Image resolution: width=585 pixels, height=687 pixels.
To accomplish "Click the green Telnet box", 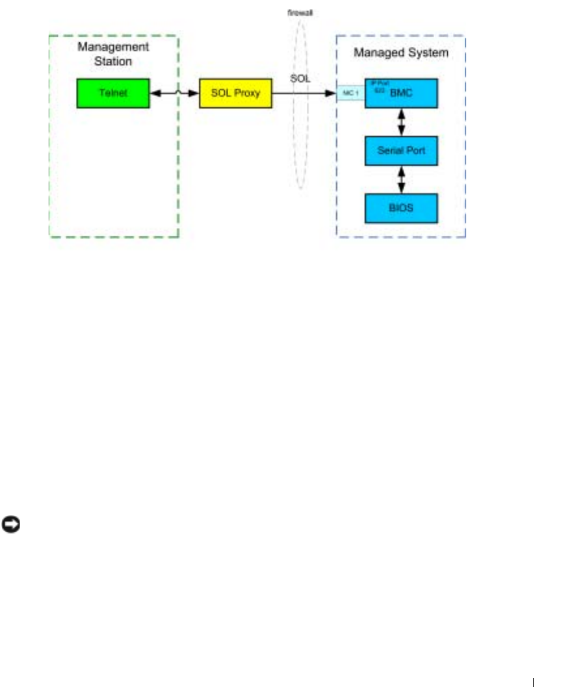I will click(113, 93).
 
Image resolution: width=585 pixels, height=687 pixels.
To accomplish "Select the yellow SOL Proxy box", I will click(235, 93).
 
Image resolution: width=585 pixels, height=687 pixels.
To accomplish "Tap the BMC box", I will click(400, 93).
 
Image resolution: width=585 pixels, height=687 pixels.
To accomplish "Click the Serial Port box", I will click(400, 151).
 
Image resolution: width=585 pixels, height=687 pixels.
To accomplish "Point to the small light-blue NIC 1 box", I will click(350, 94).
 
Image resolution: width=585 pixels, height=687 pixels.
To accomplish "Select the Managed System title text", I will click(400, 53).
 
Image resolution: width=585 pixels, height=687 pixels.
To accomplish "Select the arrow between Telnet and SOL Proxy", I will click(174, 94).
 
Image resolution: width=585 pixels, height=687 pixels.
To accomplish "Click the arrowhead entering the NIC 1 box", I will click(332, 94).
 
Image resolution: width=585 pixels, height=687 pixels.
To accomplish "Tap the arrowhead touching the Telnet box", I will click(154, 94).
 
